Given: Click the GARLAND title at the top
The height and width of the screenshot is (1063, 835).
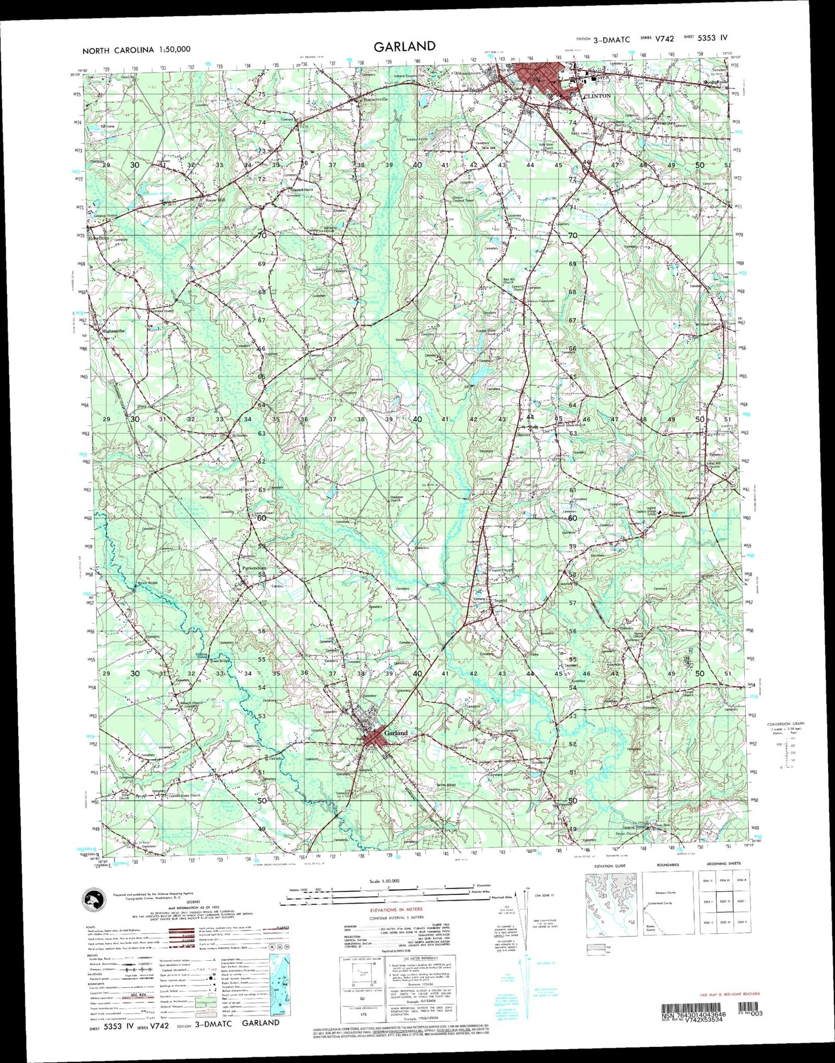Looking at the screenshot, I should pyautogui.click(x=404, y=47).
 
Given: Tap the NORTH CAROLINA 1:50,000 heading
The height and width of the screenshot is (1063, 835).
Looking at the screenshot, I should pyautogui.click(x=136, y=50).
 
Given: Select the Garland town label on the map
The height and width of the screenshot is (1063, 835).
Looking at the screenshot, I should pyautogui.click(x=396, y=733).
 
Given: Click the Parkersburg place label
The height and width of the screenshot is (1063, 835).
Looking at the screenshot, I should pyautogui.click(x=254, y=568).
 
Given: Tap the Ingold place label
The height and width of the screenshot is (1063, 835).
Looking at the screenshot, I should pyautogui.click(x=499, y=601).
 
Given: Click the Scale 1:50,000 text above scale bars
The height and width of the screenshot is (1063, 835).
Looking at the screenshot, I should pyautogui.click(x=384, y=881).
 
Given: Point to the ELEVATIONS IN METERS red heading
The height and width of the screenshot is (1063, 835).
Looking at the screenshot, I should pyautogui.click(x=396, y=909).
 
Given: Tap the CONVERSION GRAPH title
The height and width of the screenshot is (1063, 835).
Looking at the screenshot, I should pyautogui.click(x=785, y=724).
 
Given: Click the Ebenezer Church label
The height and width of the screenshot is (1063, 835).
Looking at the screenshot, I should pyautogui.click(x=395, y=499).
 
